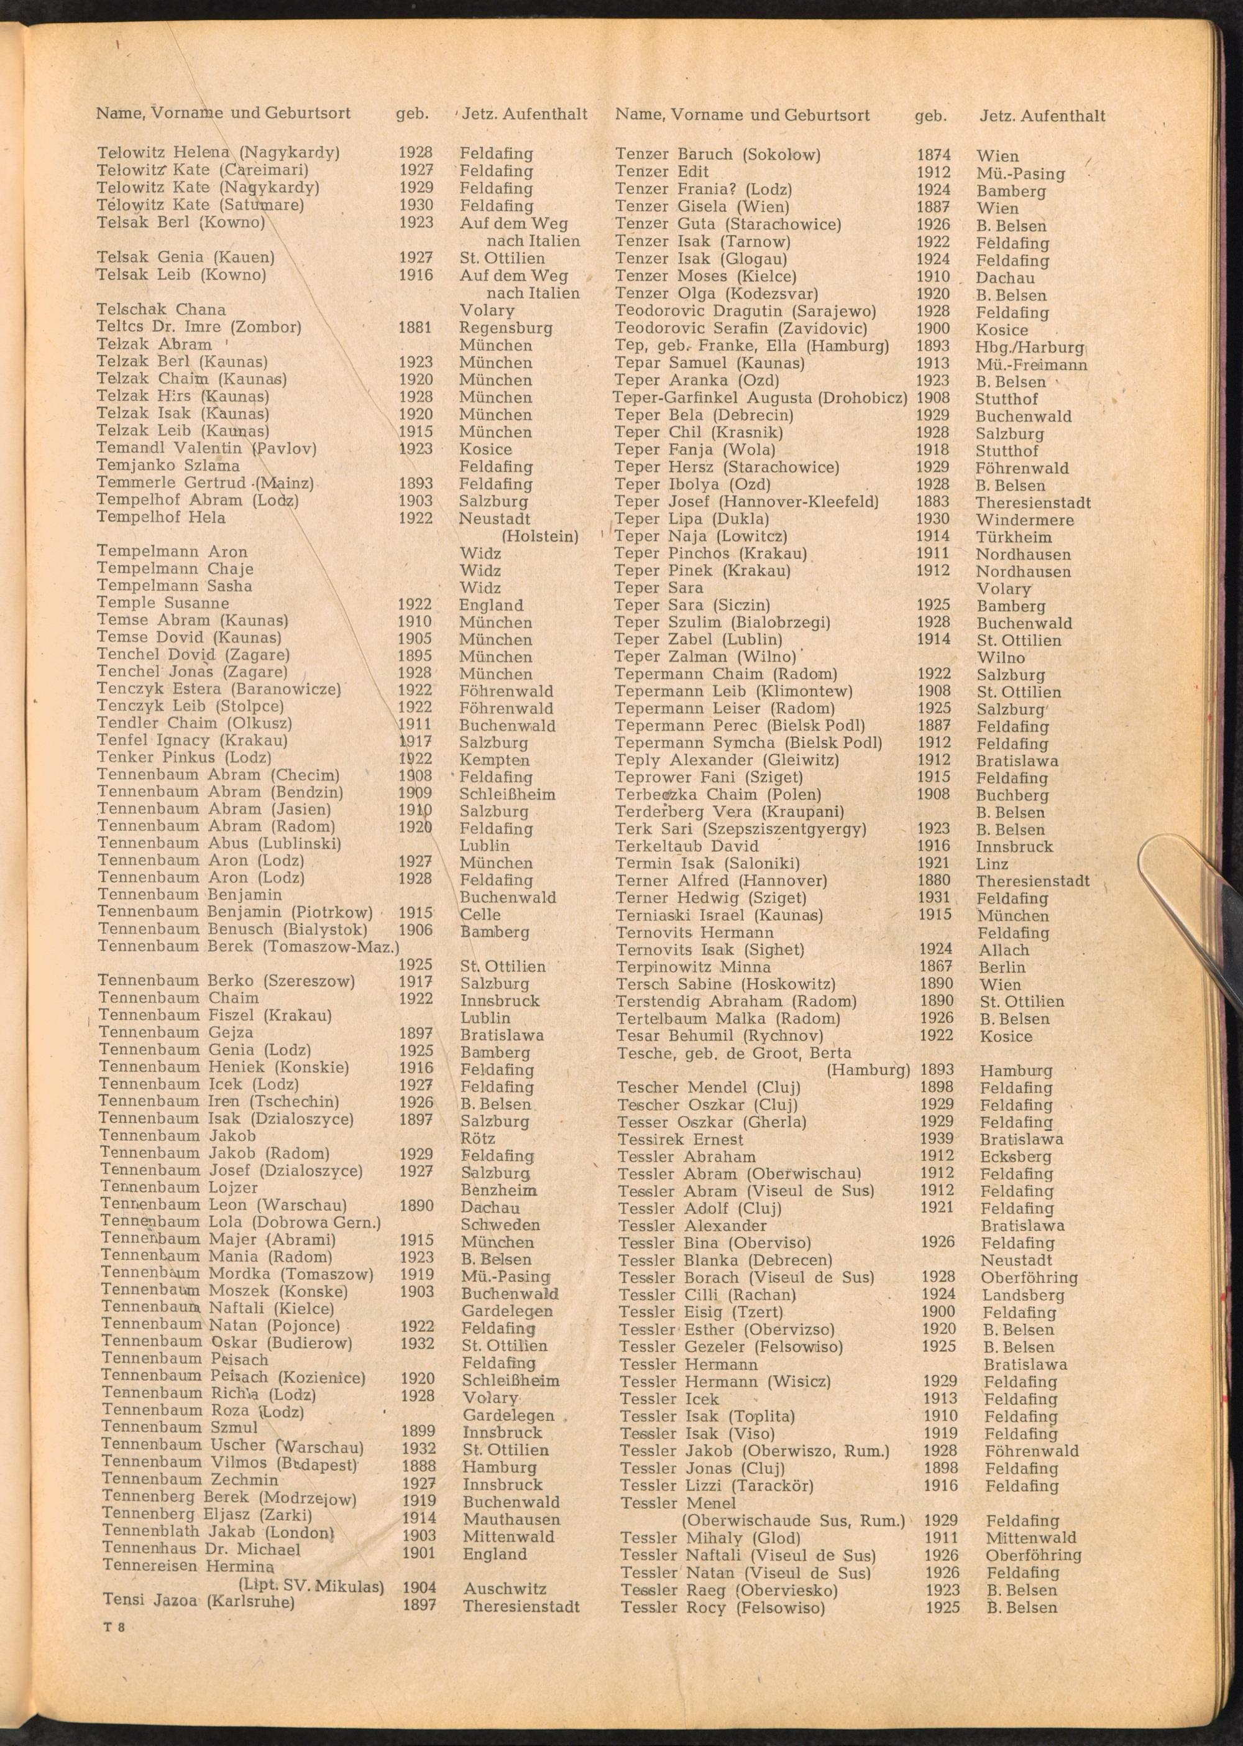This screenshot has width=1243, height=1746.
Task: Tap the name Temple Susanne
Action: coord(162,603)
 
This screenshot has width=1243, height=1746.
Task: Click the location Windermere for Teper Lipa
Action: coord(1024,520)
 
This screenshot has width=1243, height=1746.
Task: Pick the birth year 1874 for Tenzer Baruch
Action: coord(933,155)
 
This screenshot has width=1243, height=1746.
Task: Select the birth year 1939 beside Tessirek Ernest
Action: coord(937,1139)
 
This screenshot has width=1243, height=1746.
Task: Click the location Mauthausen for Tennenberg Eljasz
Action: coord(511,1518)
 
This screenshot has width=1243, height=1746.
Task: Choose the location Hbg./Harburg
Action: coord(1029,347)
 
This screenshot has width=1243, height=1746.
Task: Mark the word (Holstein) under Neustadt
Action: coord(539,536)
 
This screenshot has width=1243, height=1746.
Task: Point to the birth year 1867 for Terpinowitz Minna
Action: coord(935,966)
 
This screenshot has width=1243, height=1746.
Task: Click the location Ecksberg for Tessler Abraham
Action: coord(1016,1157)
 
